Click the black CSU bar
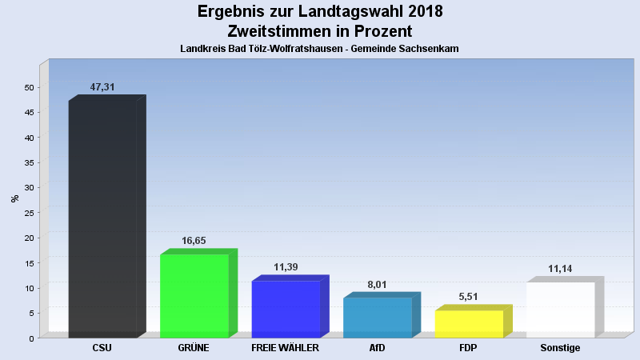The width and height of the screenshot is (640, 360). pos(102,218)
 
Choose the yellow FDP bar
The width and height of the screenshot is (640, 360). pos(469,323)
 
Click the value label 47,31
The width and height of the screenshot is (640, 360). pos(102,86)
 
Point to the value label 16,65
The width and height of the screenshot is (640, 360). pos(194,240)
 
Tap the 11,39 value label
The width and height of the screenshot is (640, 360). pos(286,266)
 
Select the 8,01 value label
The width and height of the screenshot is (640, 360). pos(378,283)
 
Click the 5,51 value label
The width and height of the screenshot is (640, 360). pos(469,296)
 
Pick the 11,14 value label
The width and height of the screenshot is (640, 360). pos(560,268)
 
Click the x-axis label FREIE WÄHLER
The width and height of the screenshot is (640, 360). pos(286,348)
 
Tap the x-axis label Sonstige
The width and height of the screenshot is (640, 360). pos(560,348)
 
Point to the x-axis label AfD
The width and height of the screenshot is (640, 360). pos(377,348)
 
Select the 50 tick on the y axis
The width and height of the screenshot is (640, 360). pos(29,87)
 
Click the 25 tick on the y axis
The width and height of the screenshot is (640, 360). pos(29,213)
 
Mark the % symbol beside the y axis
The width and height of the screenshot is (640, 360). pos(14,198)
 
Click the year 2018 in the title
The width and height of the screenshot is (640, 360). pos(417,12)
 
